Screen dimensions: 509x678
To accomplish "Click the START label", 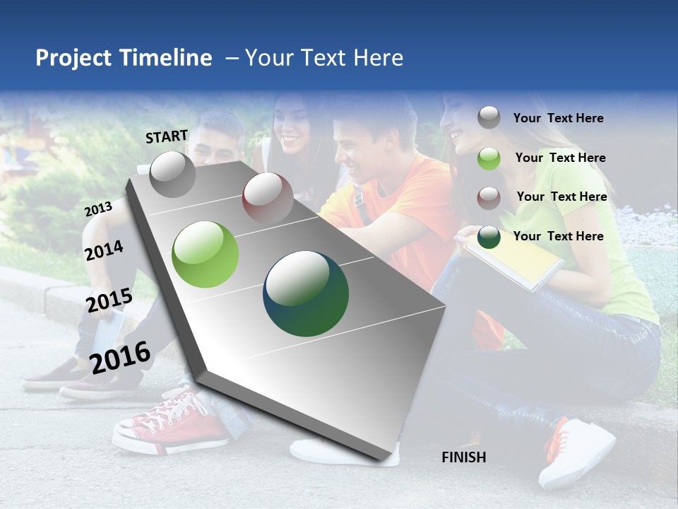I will pos(167,136).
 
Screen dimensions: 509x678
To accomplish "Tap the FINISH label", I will pos(463,457).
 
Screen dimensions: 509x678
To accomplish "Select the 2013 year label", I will pos(98,209).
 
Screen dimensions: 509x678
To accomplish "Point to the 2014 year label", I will pos(104,250).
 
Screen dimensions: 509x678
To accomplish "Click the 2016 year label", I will pos(120,357).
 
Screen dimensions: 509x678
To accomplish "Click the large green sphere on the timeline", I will pos(206,255).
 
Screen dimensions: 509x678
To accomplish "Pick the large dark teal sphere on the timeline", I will pos(306,293).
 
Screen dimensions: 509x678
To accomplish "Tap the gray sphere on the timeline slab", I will pos(172,174).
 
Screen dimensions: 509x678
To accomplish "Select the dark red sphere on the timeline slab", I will pos(268,197).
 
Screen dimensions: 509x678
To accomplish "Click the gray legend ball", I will pos(489,117).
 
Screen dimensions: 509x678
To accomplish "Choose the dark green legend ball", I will pos(489,236).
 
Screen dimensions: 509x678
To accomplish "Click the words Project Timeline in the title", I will pos(124,58).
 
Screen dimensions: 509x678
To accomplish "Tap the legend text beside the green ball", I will pos(560,158).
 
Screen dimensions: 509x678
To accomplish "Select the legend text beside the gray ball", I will pos(558,118).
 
